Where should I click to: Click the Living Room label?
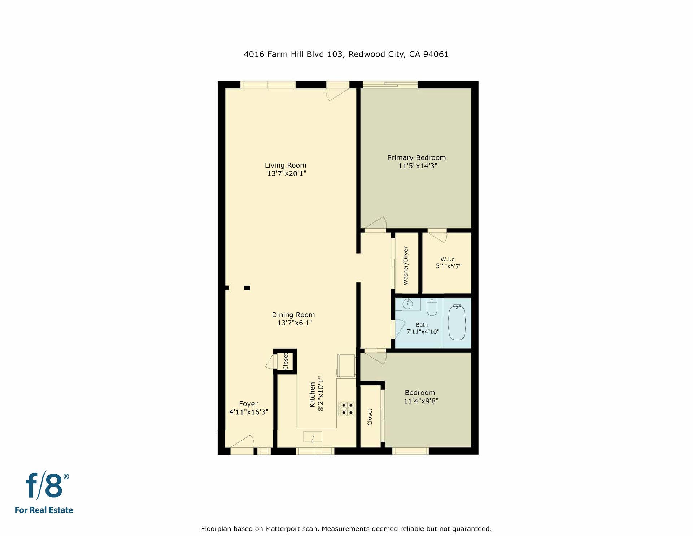286,165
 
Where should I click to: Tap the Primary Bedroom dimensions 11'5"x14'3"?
418,166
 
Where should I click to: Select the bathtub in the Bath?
457,322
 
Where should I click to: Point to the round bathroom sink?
408,304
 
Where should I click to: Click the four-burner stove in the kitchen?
346,408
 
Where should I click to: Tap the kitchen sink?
313,437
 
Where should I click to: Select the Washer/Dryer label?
406,265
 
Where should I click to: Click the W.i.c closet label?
448,259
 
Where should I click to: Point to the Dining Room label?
293,315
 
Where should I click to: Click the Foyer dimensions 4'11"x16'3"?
249,412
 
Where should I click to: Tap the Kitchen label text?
313,395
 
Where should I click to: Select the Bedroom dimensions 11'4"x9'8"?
421,401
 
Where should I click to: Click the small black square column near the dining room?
247,288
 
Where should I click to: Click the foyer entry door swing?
242,441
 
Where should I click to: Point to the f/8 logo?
47,486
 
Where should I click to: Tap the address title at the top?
346,54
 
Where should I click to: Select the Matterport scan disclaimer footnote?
346,529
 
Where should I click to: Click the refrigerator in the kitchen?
346,366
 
